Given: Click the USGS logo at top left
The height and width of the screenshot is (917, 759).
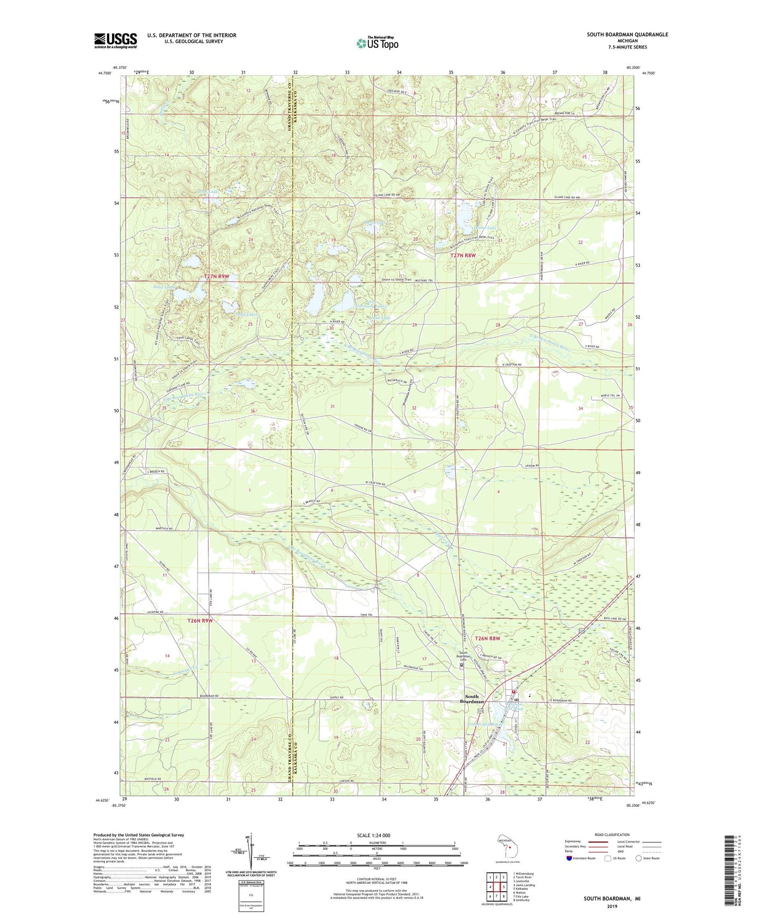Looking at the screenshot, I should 115,40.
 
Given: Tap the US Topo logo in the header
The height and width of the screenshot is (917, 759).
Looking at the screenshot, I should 377,43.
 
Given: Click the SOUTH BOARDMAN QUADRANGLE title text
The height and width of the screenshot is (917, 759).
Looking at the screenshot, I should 627,35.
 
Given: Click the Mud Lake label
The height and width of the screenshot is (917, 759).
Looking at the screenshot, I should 381,318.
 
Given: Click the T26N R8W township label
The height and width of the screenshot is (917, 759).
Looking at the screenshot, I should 487,638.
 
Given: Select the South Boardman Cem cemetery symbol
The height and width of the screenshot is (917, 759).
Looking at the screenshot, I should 462,665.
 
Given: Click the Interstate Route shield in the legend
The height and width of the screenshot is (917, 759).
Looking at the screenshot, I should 570,858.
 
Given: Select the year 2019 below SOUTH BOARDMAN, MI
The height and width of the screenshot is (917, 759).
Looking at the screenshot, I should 611,906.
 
